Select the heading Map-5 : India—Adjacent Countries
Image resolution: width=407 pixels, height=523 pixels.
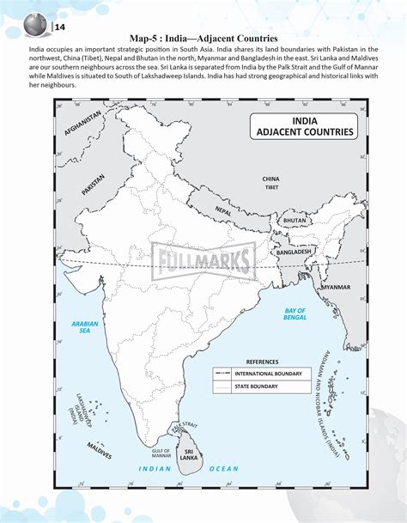point(203,38)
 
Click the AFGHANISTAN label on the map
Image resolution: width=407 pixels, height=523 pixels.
point(83,124)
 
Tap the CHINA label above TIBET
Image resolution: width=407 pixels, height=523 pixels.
point(271,179)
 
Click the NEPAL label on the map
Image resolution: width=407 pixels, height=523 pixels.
point(224,210)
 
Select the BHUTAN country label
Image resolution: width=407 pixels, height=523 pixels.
point(295,221)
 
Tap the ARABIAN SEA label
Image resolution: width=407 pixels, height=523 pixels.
point(85,326)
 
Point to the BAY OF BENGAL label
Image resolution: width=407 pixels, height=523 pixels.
point(295,313)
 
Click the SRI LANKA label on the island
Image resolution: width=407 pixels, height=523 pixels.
point(190,450)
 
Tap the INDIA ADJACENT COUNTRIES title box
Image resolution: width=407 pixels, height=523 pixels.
point(305,127)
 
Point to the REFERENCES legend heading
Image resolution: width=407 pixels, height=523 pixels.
point(263,362)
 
